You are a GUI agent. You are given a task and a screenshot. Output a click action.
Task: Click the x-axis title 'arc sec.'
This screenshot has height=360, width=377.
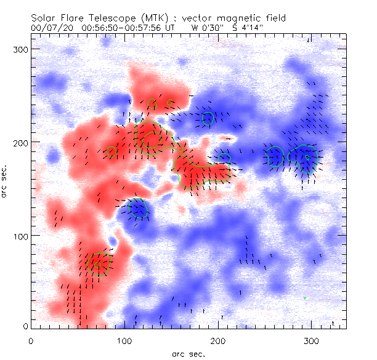(x=188, y=353)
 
